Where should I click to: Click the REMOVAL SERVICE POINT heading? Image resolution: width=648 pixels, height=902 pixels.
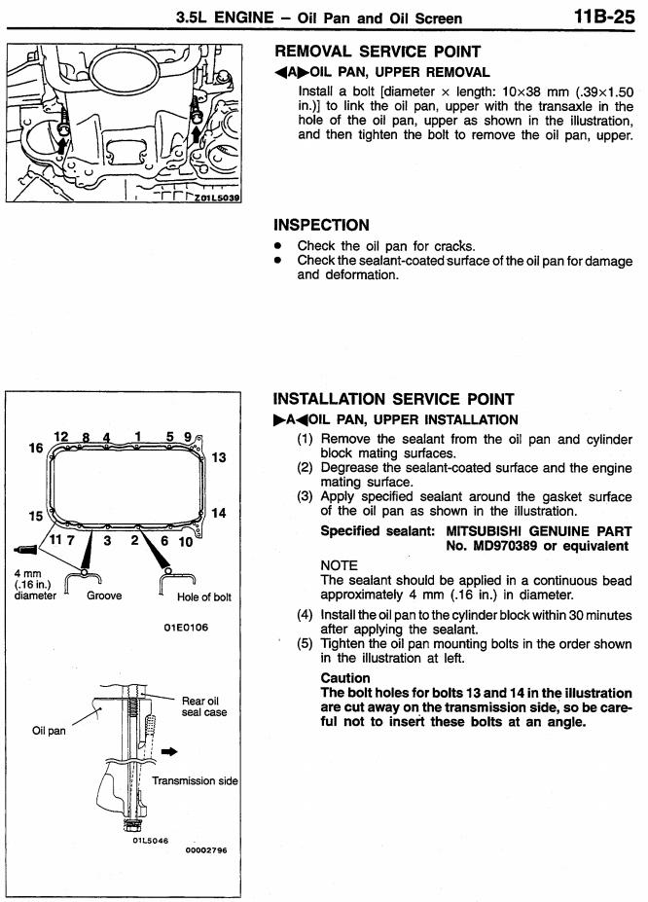tap(378, 52)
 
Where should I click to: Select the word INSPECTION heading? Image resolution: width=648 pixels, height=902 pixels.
tap(321, 225)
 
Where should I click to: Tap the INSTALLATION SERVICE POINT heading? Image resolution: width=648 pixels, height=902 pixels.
tap(393, 399)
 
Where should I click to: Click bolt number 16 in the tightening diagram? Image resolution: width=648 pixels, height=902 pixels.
tap(36, 448)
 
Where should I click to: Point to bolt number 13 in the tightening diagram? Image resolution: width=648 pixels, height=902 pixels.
tap(219, 458)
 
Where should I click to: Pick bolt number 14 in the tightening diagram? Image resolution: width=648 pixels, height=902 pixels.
tap(219, 513)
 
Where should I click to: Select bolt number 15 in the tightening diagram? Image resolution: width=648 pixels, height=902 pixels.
tap(36, 516)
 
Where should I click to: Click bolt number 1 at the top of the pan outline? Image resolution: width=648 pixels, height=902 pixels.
tap(138, 437)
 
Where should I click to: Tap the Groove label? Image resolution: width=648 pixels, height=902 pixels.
tap(104, 595)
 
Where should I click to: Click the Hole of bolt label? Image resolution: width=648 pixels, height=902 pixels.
tap(204, 597)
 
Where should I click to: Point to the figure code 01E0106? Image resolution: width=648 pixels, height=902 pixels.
tap(186, 628)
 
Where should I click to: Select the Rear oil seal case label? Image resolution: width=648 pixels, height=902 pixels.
tap(204, 706)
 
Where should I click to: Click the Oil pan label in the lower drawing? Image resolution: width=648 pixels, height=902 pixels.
tap(49, 731)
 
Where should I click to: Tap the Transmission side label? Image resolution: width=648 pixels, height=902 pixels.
tap(195, 780)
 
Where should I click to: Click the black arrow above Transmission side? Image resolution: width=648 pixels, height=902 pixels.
tap(169, 751)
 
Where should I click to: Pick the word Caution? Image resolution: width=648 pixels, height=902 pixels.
tap(345, 677)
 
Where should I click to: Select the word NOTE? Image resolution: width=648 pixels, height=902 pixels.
tap(340, 565)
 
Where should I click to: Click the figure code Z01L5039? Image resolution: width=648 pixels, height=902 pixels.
tap(217, 198)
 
